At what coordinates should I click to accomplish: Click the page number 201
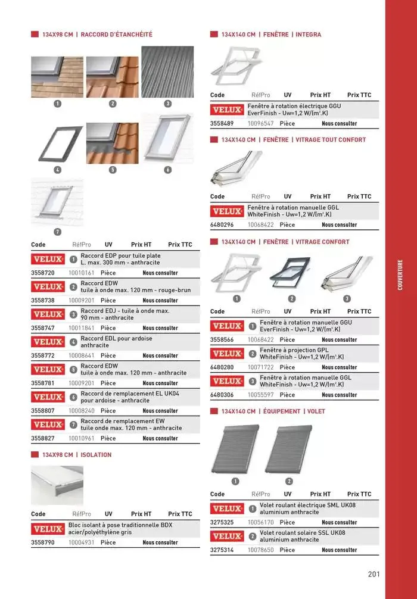(x=374, y=575)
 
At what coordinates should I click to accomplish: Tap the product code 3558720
(x=43, y=273)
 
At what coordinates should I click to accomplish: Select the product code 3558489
(x=222, y=123)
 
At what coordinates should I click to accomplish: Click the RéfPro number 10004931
(x=82, y=542)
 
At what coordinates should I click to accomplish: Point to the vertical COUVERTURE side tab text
(x=400, y=274)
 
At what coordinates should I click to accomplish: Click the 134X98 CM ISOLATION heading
(x=76, y=455)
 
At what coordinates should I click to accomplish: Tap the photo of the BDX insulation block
(x=57, y=485)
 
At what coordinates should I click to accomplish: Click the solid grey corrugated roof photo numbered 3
(x=167, y=72)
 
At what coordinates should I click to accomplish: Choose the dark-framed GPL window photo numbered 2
(x=291, y=273)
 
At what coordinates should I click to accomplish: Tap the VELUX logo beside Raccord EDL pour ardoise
(x=48, y=342)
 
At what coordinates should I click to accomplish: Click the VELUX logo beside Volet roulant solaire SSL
(x=228, y=536)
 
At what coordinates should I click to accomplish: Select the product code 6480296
(x=222, y=224)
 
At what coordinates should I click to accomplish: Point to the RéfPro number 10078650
(x=261, y=550)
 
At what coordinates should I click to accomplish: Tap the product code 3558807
(x=43, y=410)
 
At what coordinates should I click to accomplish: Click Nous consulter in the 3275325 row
(x=339, y=523)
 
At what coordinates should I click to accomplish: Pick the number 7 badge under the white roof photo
(x=57, y=232)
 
